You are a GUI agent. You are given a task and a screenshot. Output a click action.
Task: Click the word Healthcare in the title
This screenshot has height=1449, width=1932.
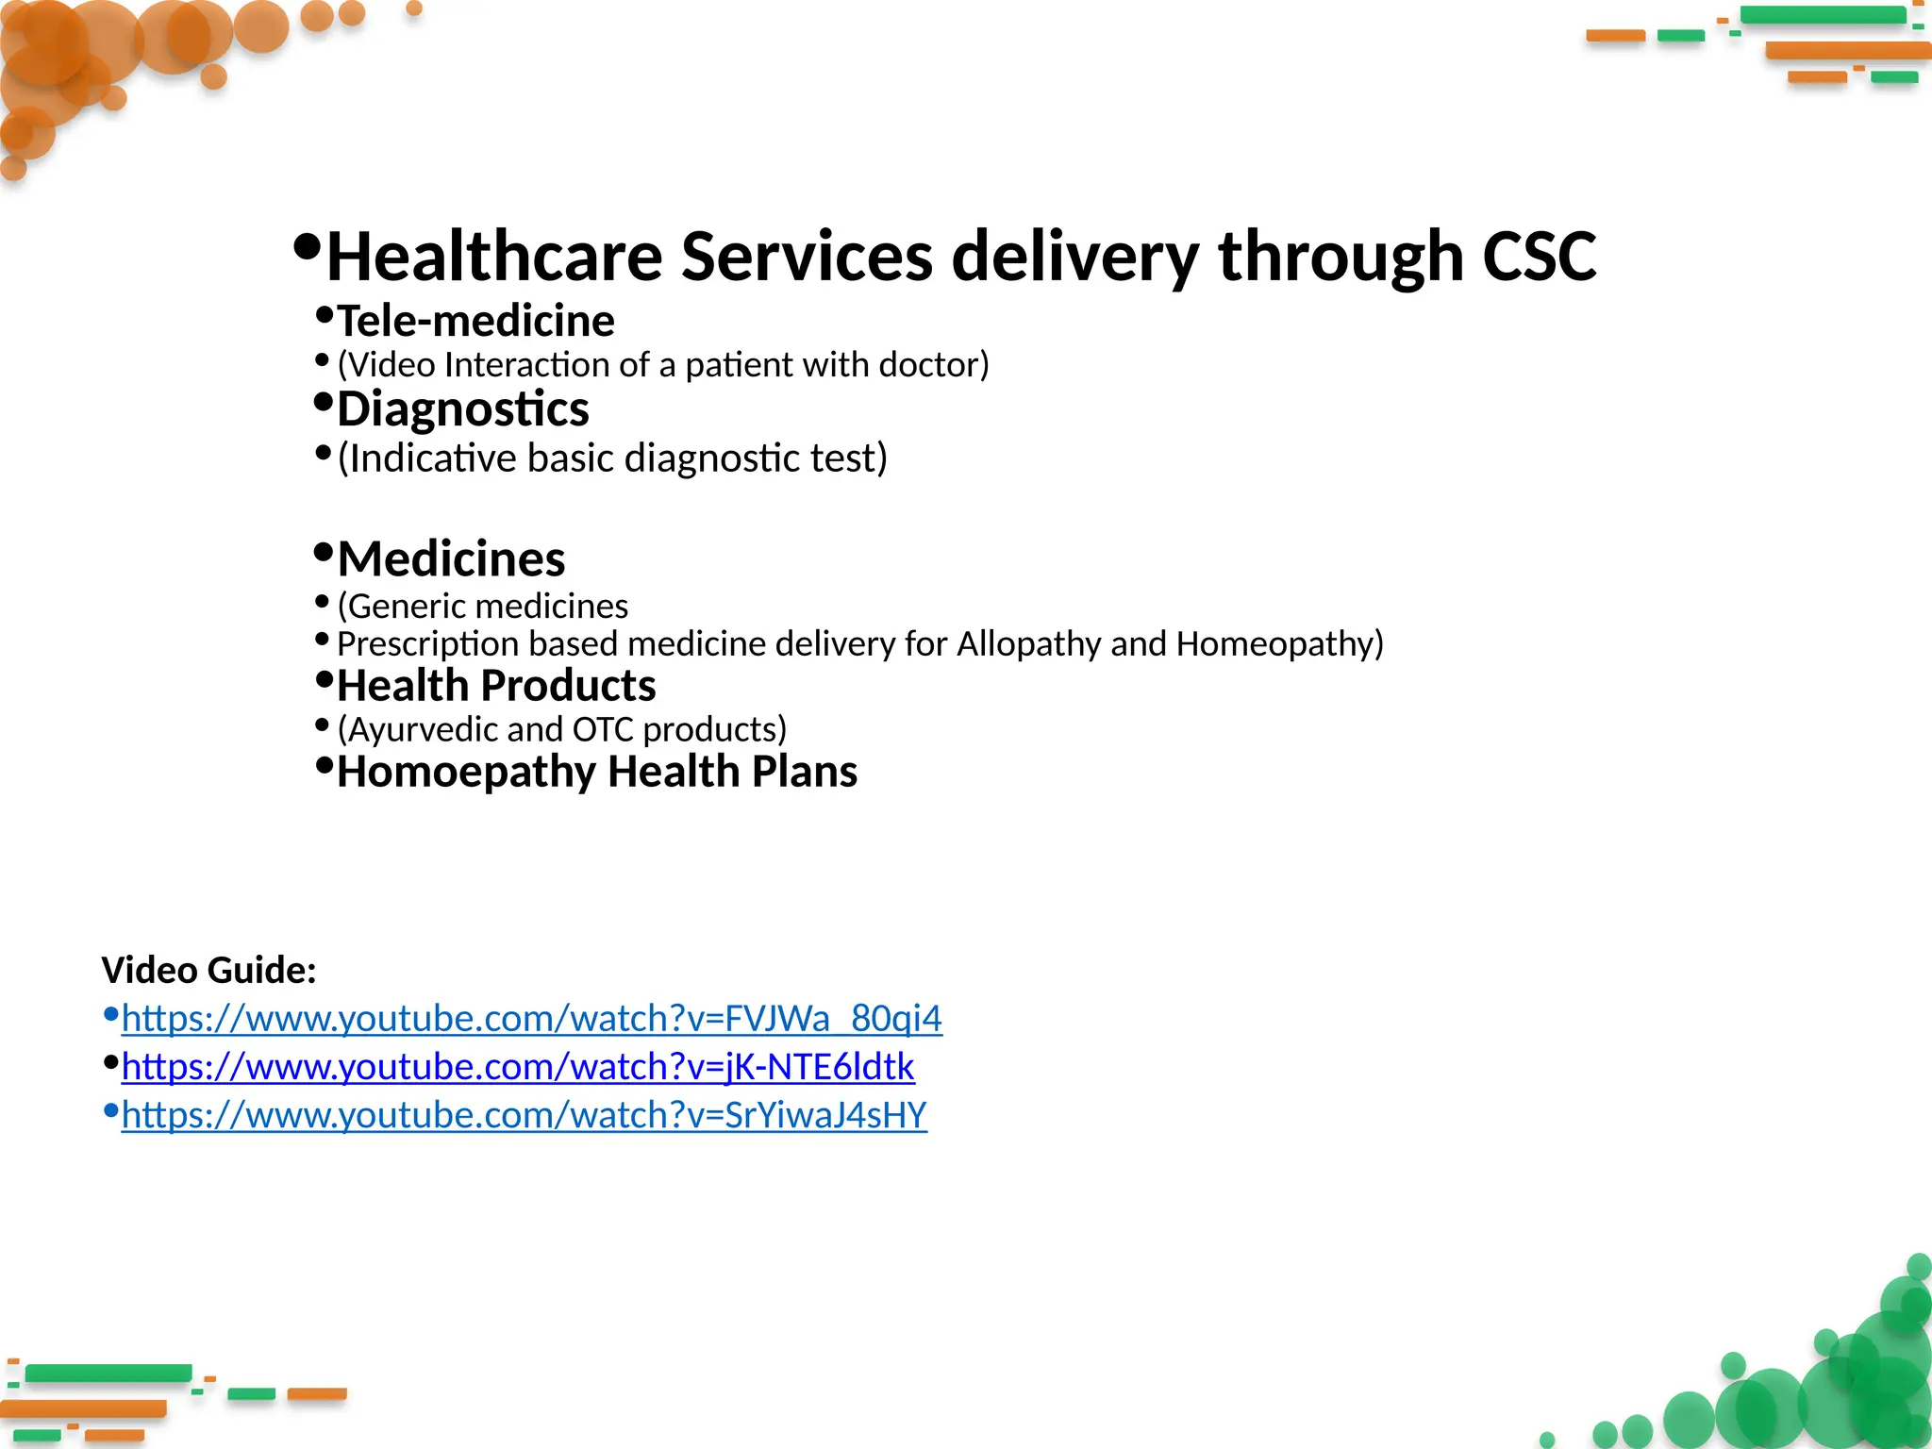(494, 257)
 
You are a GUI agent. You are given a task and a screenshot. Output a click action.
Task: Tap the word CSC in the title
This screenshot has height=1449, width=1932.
(1539, 257)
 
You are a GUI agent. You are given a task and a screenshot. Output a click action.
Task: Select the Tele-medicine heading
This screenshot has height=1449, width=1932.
(475, 322)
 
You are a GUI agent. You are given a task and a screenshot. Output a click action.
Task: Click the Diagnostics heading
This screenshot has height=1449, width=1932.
(462, 409)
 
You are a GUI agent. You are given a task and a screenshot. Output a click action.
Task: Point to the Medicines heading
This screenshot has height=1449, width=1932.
(451, 559)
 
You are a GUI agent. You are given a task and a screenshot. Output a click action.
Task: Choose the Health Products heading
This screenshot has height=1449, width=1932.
(496, 686)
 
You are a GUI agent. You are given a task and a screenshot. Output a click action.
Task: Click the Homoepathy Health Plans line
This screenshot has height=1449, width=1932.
(596, 772)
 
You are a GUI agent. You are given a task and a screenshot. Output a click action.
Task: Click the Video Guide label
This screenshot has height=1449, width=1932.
(208, 971)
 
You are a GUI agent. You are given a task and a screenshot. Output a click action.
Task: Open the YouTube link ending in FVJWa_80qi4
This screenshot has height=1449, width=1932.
(531, 1019)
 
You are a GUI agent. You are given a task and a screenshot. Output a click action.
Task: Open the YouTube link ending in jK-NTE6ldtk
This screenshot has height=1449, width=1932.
(518, 1067)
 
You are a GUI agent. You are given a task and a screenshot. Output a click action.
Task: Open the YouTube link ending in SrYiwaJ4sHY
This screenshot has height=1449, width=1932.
(524, 1115)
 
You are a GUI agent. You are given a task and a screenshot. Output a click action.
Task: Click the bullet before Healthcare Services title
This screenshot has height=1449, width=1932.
(307, 248)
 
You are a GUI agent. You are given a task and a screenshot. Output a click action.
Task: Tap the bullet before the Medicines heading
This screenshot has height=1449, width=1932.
(324, 551)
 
